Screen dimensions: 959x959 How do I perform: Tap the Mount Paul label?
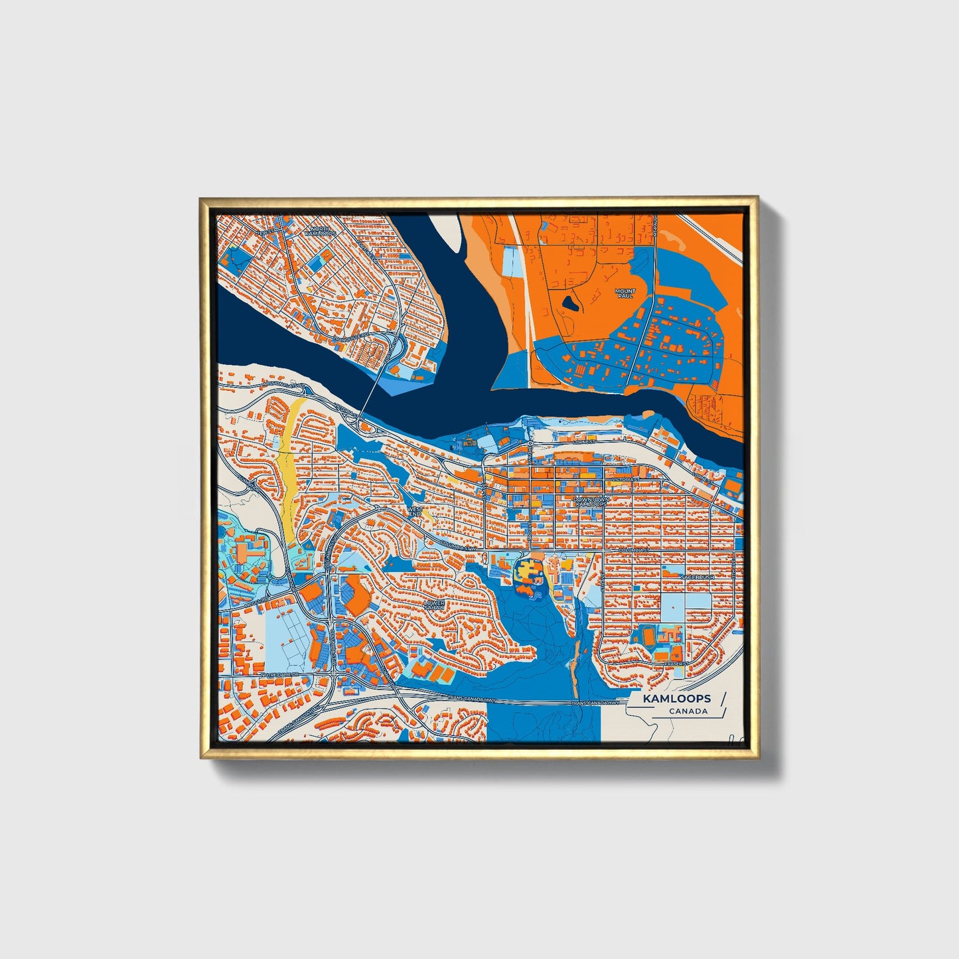click(x=625, y=293)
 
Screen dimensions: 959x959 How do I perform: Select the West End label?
click(x=415, y=511)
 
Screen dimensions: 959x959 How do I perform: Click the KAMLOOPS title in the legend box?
click(x=676, y=698)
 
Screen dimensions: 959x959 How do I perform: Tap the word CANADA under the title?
click(x=688, y=711)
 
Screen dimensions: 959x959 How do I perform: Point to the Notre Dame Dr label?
click(x=281, y=675)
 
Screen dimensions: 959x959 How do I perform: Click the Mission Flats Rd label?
click(x=286, y=384)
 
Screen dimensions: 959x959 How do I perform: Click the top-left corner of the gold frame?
click(x=201, y=198)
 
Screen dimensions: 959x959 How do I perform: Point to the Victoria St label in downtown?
click(x=625, y=479)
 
